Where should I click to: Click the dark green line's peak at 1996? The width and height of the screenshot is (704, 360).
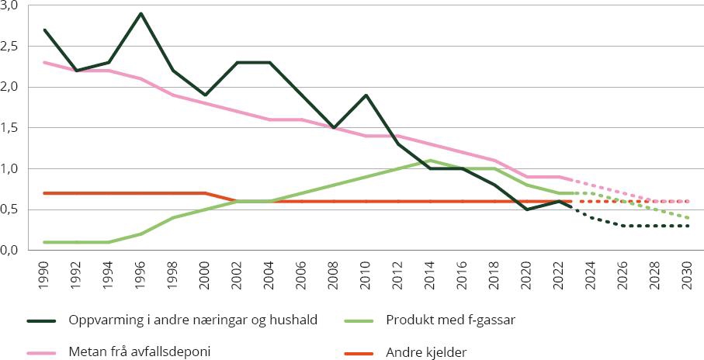pyautogui.click(x=141, y=13)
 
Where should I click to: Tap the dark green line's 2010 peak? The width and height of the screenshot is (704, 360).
pyautogui.click(x=365, y=95)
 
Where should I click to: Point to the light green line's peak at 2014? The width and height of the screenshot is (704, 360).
pyautogui.click(x=429, y=161)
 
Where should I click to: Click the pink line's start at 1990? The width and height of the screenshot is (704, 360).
pyautogui.click(x=45, y=62)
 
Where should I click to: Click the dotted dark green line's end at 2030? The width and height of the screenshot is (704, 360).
pyautogui.click(x=686, y=226)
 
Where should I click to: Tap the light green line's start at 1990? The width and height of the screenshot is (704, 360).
pyautogui.click(x=45, y=242)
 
